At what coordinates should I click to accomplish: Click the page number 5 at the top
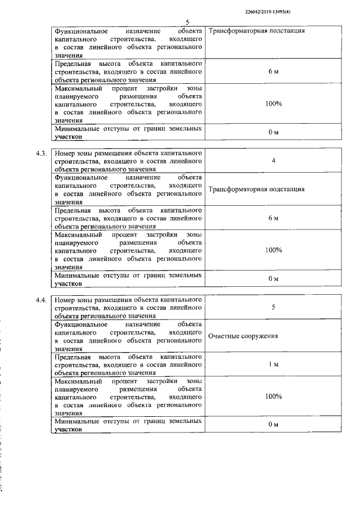tap(187, 22)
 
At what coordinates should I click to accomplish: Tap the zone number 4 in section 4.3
tap(273, 161)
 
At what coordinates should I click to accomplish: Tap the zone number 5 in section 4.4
tap(273, 307)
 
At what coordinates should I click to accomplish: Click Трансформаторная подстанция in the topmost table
tap(256, 30)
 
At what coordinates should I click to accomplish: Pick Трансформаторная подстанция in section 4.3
tap(256, 189)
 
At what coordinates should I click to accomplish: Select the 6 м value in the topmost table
tap(273, 72)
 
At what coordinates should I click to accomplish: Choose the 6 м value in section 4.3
tap(273, 218)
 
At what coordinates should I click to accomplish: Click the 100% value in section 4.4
tap(273, 397)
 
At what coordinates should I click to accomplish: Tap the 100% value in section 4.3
tap(273, 250)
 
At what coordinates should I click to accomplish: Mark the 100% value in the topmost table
tap(273, 104)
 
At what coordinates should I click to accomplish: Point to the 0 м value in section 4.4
tap(273, 425)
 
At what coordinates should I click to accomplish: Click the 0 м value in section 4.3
tap(273, 278)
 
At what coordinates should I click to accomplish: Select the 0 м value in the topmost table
tap(273, 132)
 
